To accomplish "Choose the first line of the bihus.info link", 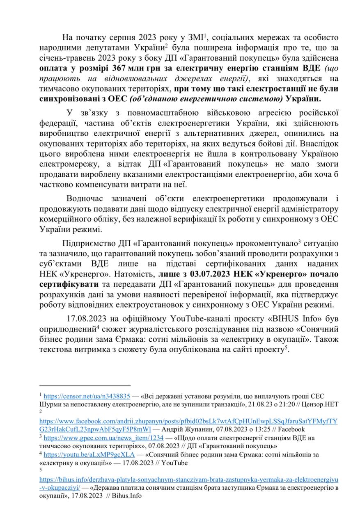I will [189, 479].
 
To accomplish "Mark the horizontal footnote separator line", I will [85, 386].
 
